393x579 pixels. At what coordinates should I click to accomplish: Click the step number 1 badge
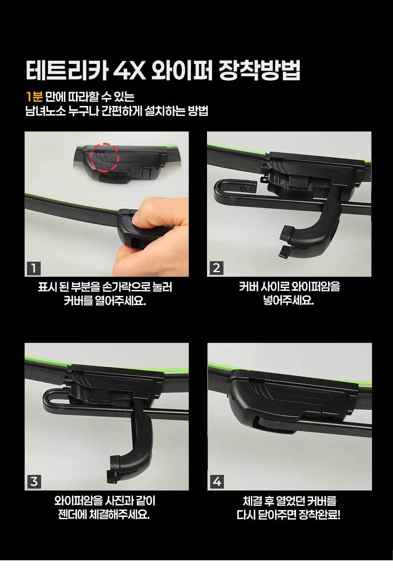(34, 268)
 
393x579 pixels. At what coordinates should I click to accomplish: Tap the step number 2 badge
(216, 268)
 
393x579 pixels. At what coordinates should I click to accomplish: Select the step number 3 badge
(34, 482)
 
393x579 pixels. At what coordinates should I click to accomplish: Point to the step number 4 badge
(217, 482)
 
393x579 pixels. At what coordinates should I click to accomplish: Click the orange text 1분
(34, 97)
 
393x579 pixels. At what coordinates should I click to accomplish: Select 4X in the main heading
(129, 70)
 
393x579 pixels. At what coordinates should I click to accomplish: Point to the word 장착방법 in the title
(259, 70)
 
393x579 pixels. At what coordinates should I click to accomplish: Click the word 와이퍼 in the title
(181, 70)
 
